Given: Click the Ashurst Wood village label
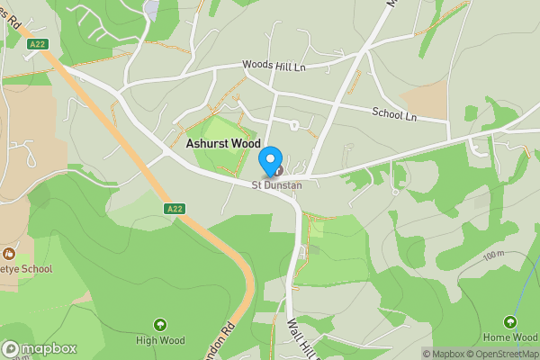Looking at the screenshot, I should pyautogui.click(x=222, y=144).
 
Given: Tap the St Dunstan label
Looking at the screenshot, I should pyautogui.click(x=276, y=185).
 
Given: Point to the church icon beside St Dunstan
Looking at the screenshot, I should pyautogui.click(x=279, y=170).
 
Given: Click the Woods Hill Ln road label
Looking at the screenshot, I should pyautogui.click(x=274, y=66).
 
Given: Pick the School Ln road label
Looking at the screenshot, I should pyautogui.click(x=394, y=114).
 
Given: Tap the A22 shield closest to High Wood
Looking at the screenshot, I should pyautogui.click(x=175, y=208).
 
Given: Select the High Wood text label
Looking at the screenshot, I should pyautogui.click(x=160, y=339).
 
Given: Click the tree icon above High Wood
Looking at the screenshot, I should pyautogui.click(x=160, y=324).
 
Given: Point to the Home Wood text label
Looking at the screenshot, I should pyautogui.click(x=508, y=337).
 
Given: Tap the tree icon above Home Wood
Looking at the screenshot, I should pyautogui.click(x=509, y=321).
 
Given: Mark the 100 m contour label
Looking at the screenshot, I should pyautogui.click(x=493, y=256).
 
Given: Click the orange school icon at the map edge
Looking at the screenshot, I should pyautogui.click(x=9, y=254).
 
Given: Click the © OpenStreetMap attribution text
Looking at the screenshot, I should pyautogui.click(x=507, y=354).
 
